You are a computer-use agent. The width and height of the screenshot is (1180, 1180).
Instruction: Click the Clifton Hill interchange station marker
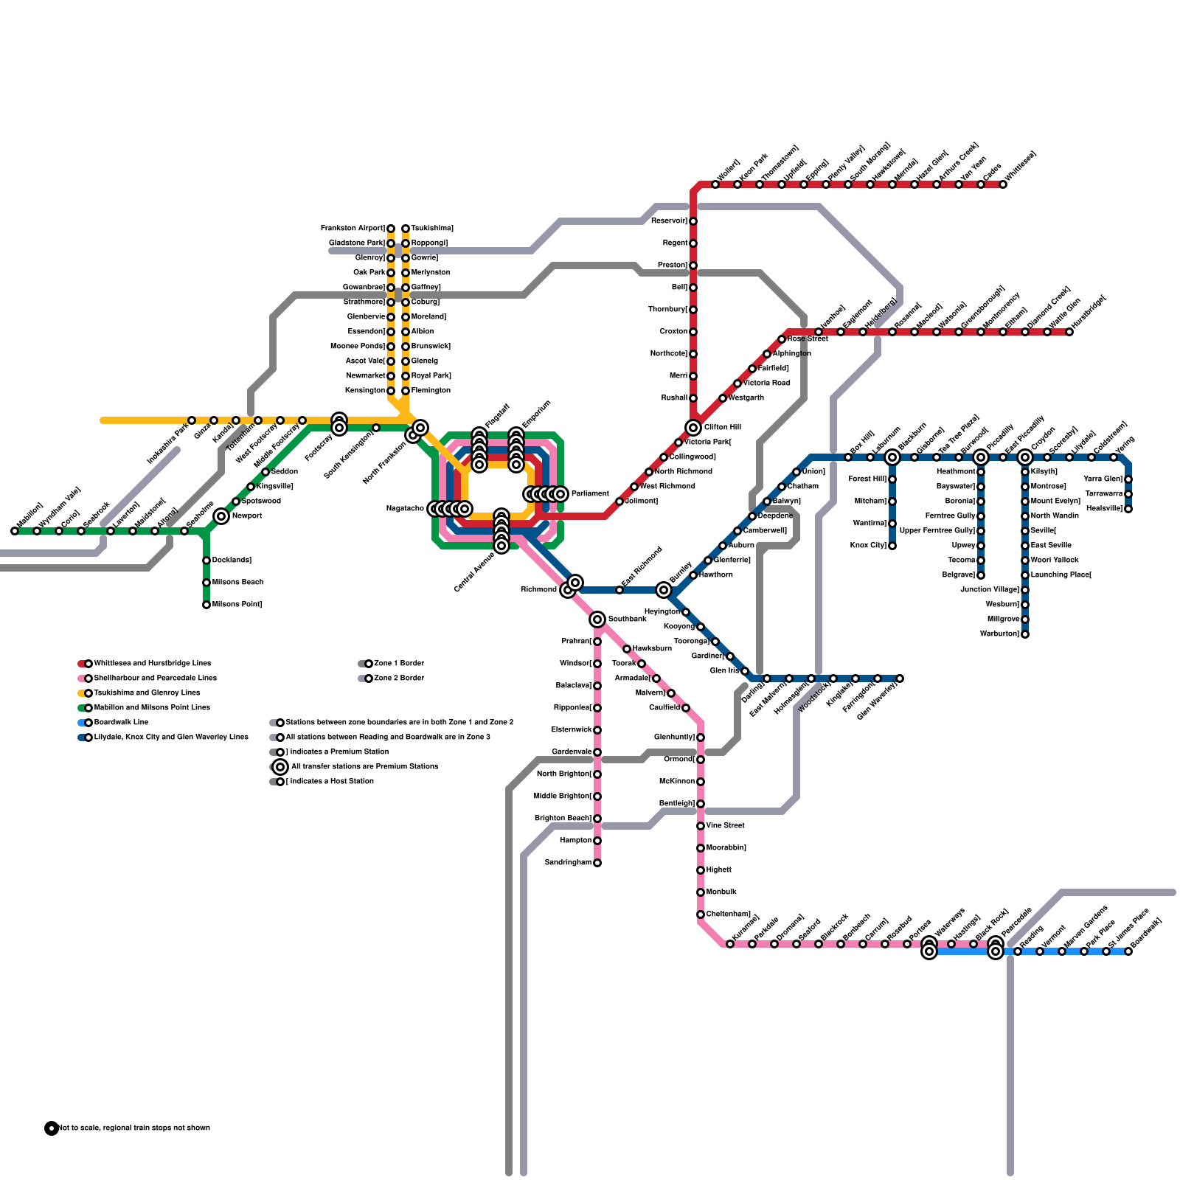693,428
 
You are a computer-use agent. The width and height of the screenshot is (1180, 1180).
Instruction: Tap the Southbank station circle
597,619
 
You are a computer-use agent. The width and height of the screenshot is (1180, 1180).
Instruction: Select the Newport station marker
221,516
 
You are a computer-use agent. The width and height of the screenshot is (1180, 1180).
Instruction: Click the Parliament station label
589,494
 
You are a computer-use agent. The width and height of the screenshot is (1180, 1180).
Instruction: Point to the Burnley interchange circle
664,590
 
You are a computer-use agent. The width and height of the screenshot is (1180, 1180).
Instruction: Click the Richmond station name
538,590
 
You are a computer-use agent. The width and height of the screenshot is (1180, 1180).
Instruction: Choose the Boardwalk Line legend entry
121,723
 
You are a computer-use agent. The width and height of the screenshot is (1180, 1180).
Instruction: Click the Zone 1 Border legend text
399,664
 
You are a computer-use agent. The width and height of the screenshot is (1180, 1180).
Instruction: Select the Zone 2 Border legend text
399,678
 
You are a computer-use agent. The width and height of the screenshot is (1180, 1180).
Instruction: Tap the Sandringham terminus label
567,863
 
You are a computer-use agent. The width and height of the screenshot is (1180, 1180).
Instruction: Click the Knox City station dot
892,546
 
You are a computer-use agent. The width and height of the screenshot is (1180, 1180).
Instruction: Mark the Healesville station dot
1128,509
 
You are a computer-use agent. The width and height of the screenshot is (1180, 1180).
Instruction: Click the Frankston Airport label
352,229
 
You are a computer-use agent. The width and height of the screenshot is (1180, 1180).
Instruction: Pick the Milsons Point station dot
206,605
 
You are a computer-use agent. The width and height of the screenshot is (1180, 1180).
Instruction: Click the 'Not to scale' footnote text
133,1128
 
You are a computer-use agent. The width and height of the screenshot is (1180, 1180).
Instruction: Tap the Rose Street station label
808,339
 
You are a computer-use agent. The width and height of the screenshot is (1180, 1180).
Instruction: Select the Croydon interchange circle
1025,457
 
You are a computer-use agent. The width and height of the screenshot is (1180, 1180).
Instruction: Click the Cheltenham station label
728,914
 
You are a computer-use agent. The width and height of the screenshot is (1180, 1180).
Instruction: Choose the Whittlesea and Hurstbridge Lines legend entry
152,664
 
